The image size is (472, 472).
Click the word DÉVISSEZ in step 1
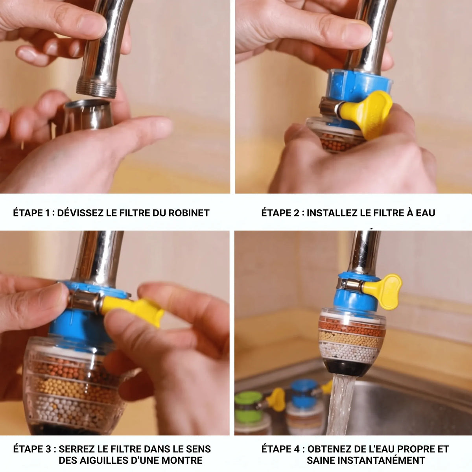pos(80,213)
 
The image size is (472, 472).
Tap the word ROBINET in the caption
pos(189,213)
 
